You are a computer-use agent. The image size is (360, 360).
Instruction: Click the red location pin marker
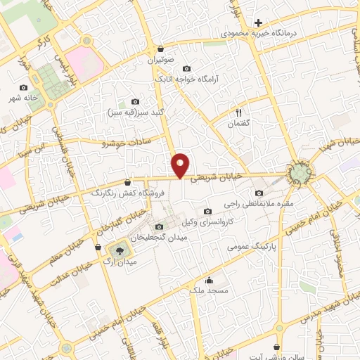(181, 165)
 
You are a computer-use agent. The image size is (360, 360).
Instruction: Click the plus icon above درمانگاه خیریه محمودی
(259, 23)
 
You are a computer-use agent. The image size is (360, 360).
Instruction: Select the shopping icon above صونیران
(161, 49)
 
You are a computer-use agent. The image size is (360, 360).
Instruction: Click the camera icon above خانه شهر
(24, 88)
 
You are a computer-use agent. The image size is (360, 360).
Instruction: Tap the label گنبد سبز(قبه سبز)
(136, 112)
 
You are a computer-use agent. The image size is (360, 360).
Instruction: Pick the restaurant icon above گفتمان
(239, 112)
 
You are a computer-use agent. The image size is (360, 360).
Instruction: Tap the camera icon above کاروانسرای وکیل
(207, 212)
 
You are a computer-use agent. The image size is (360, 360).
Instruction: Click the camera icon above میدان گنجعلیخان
(159, 226)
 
